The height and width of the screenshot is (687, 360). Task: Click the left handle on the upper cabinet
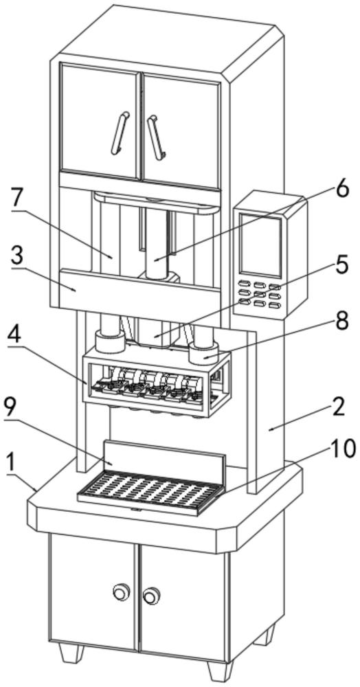[120, 133]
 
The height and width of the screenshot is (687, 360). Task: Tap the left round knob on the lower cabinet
[120, 593]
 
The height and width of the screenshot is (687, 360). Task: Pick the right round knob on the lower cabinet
[151, 595]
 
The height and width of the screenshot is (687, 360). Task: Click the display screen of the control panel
[260, 245]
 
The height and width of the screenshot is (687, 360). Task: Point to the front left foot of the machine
[71, 652]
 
